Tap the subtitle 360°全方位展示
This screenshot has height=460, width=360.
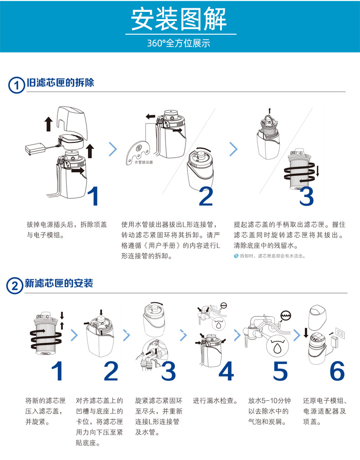point(179,44)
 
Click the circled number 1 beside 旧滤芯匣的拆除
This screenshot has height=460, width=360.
point(16,85)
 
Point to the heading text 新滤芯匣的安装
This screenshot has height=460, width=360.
point(58,284)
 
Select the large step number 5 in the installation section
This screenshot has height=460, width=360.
point(280,372)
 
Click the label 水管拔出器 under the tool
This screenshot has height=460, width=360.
point(144,162)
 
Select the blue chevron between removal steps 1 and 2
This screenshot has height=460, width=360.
point(113,149)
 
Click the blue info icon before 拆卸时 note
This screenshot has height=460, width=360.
point(236,256)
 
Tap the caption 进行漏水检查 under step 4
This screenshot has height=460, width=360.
point(215,401)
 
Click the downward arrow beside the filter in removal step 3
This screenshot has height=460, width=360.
point(318,171)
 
